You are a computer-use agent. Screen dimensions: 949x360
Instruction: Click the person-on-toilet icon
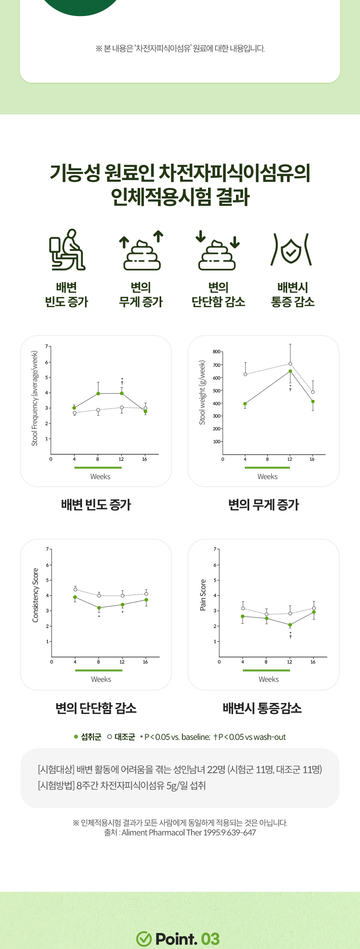coord(67,250)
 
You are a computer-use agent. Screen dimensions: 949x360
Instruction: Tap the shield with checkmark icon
coord(291,250)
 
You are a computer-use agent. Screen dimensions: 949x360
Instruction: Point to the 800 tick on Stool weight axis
coord(216,352)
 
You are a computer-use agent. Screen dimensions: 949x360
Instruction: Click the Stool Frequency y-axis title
coord(35,398)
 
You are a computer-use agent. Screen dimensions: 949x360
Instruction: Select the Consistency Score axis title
coord(36,595)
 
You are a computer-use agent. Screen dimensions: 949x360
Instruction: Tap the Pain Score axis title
coord(203,595)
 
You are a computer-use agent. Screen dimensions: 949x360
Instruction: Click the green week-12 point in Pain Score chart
coord(290,625)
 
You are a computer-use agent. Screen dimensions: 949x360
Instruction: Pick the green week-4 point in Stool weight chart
coord(245,404)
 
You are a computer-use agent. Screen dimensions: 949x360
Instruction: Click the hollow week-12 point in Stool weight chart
coord(290,364)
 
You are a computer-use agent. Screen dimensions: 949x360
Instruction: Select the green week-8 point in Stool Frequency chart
coord(98,394)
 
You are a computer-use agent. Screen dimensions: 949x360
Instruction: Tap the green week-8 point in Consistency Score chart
coord(99,608)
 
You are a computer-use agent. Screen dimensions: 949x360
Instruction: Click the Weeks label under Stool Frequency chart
coord(100,477)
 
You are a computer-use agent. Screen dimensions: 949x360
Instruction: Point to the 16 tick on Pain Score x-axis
coord(313,662)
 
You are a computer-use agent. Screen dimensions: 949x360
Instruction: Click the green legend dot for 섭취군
coord(76,737)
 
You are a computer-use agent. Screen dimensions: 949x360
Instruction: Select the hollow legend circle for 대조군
coord(110,737)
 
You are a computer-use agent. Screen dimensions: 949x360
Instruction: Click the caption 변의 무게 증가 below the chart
coord(264,505)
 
